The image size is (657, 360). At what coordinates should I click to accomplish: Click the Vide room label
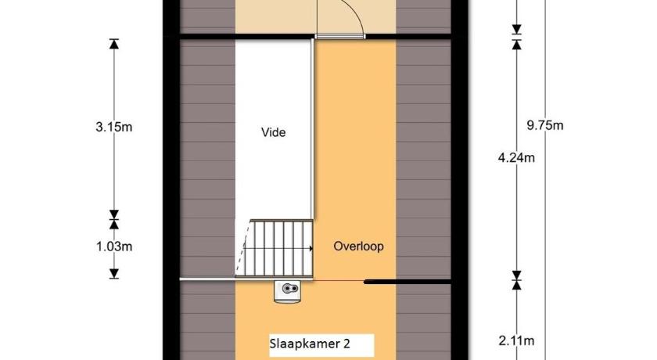[x=273, y=132]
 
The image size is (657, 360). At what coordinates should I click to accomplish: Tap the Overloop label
[x=358, y=246]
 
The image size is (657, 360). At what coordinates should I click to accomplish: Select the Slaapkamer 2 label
[x=310, y=344]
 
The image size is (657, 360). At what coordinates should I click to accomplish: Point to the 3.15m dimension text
[x=114, y=127]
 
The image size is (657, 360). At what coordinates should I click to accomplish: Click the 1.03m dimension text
[x=114, y=247]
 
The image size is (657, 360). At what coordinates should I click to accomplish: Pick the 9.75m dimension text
[x=544, y=125]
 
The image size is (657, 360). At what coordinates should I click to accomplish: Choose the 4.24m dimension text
[x=516, y=157]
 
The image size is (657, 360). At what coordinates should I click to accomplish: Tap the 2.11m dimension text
[x=516, y=340]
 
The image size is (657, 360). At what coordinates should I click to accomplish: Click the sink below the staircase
[x=288, y=291]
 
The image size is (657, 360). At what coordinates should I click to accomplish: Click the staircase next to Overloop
[x=274, y=248]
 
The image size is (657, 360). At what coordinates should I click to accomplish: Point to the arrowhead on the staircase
[x=311, y=249]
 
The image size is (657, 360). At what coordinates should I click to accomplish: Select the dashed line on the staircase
[x=243, y=249]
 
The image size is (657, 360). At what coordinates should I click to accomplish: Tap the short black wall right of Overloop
[x=407, y=283]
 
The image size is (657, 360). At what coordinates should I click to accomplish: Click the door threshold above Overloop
[x=339, y=37]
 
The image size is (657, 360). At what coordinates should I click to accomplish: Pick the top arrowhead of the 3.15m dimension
[x=114, y=44]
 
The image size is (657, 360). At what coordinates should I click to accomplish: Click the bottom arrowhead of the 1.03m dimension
[x=114, y=274]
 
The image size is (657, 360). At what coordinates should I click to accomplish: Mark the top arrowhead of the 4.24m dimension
[x=517, y=45]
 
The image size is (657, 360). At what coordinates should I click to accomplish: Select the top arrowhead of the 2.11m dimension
[x=517, y=285]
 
